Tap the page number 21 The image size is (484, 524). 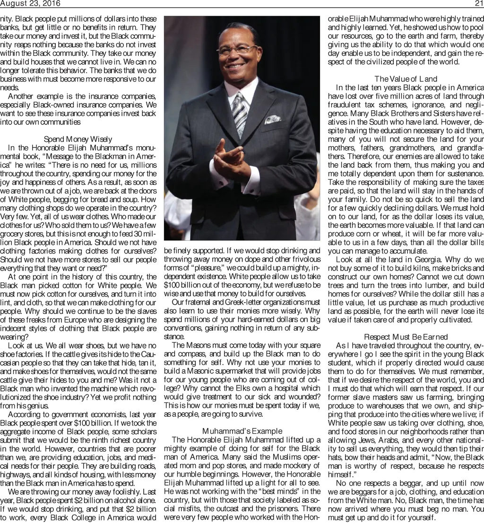(x=478, y=4)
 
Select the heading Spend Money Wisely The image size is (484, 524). (x=78, y=139)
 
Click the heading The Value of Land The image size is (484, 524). (x=406, y=79)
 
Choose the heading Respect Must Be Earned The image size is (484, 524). (x=406, y=336)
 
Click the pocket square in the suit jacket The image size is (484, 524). (x=273, y=119)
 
